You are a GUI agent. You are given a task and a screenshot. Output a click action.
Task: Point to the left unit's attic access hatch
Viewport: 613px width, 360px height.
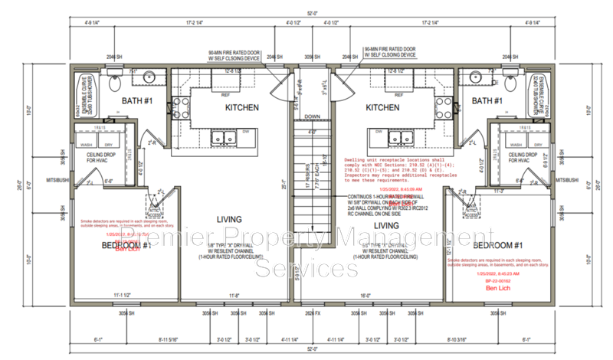(159, 208)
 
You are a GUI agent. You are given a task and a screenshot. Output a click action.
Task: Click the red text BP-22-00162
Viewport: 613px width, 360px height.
(502, 281)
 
